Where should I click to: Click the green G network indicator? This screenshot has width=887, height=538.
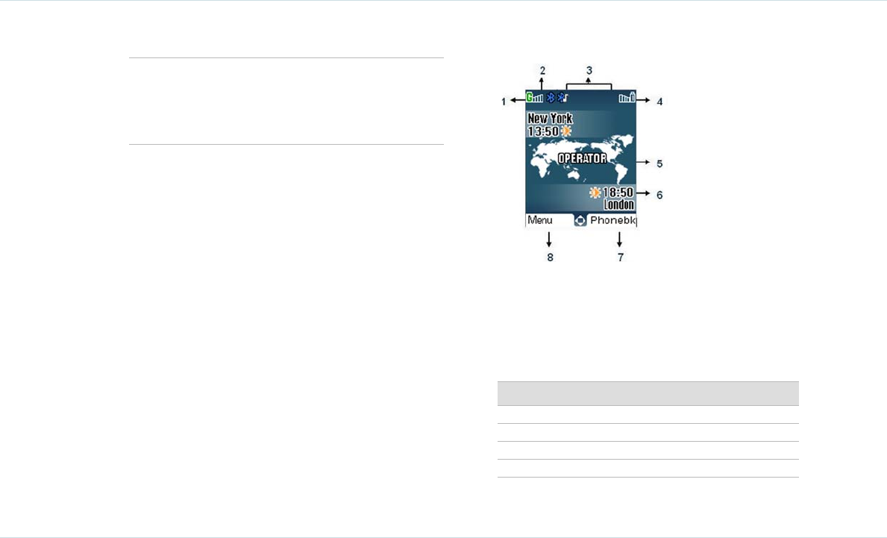[530, 97]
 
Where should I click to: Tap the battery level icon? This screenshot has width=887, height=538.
[627, 97]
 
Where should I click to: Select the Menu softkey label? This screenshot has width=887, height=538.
[540, 221]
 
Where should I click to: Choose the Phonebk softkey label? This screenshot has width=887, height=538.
[612, 221]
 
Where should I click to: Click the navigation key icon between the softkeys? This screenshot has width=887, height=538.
[580, 221]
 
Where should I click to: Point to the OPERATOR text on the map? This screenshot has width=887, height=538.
[582, 158]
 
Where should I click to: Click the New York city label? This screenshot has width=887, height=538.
[550, 119]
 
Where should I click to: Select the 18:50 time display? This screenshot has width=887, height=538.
[618, 193]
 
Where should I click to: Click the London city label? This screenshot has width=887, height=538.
[619, 204]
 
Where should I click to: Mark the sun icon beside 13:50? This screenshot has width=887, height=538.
[566, 131]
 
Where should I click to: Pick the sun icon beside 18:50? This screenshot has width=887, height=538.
[595, 193]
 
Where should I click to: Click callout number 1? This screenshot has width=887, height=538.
[504, 101]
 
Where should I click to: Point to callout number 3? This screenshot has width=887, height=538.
[589, 71]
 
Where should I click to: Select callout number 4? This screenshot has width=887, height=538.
[659, 101]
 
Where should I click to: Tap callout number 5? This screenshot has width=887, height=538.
[659, 163]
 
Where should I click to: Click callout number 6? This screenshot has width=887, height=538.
[659, 195]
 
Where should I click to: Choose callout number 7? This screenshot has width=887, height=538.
[619, 257]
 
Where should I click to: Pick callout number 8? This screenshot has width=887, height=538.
[550, 257]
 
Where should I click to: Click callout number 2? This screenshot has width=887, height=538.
[542, 70]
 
